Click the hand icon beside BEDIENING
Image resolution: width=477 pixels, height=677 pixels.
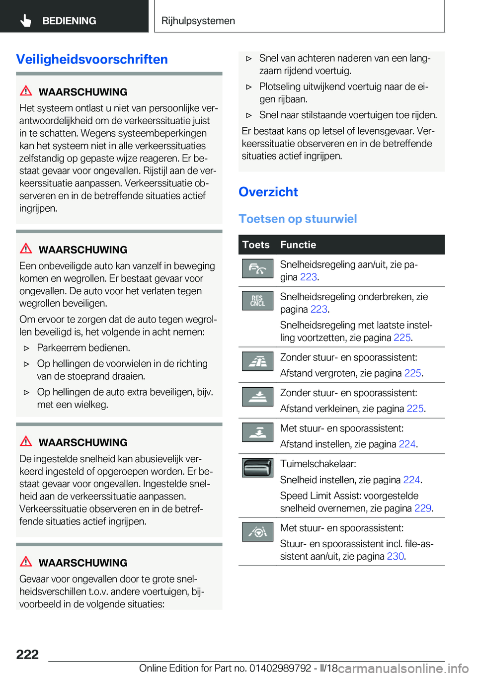tap(26, 20)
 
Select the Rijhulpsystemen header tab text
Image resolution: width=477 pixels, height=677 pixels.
tap(198, 21)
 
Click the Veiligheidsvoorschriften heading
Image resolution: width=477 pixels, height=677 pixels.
tap(92, 59)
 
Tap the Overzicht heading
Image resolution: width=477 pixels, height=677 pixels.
tap(268, 192)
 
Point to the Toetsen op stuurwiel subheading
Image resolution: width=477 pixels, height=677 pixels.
tap(298, 219)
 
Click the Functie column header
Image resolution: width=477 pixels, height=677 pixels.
tap(298, 245)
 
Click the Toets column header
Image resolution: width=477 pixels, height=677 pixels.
tap(256, 245)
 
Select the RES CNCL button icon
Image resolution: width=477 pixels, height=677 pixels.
tap(257, 301)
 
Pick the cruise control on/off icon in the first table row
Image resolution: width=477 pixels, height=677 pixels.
tap(257, 268)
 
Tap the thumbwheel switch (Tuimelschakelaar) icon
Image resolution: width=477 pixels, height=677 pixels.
tap(257, 468)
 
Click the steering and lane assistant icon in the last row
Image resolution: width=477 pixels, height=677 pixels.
tap(257, 532)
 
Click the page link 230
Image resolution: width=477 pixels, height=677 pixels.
tap(396, 556)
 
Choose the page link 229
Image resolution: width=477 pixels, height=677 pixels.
tap(423, 508)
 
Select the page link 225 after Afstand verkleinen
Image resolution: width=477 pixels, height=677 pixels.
tap(415, 409)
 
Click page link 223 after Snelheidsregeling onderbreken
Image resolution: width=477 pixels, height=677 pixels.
tap(319, 309)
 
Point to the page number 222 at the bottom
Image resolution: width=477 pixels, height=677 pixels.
tap(27, 654)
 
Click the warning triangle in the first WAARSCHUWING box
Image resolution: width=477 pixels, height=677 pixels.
tap(26, 91)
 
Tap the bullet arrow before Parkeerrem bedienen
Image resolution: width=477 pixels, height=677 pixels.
tap(27, 348)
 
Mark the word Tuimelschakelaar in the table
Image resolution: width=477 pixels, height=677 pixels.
tap(318, 464)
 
